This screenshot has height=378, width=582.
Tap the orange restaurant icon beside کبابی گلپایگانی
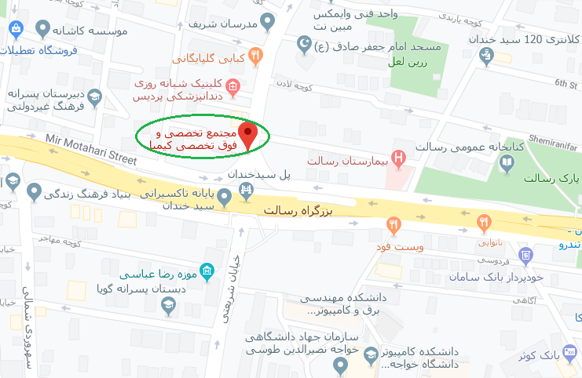255,56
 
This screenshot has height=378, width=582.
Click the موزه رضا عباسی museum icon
207,272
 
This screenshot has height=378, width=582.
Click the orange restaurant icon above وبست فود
393,226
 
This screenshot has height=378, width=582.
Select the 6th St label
566,83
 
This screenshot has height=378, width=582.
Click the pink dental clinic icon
232,85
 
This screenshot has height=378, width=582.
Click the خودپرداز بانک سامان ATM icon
526,254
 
